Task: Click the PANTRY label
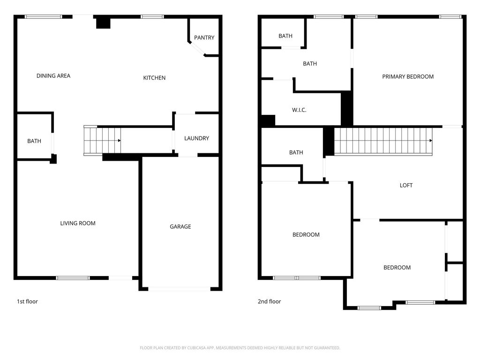pos(204,37)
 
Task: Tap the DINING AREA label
pos(53,75)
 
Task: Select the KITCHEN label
pos(154,78)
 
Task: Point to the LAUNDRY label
pos(196,138)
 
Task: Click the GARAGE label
pos(180,226)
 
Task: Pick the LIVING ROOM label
pos(78,223)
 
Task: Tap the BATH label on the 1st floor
pos(34,141)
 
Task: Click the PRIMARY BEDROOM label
pos(408,76)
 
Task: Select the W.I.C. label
pos(299,110)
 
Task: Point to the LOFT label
pos(406,185)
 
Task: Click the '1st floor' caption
pos(27,301)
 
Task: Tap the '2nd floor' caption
pos(269,301)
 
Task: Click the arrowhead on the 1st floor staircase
pos(120,141)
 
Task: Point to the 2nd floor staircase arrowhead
pos(431,141)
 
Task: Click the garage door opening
pos(179,289)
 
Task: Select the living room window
pos(73,278)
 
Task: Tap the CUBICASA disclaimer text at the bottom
pos(240,348)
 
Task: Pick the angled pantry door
pos(197,49)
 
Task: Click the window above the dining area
pos(44,16)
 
